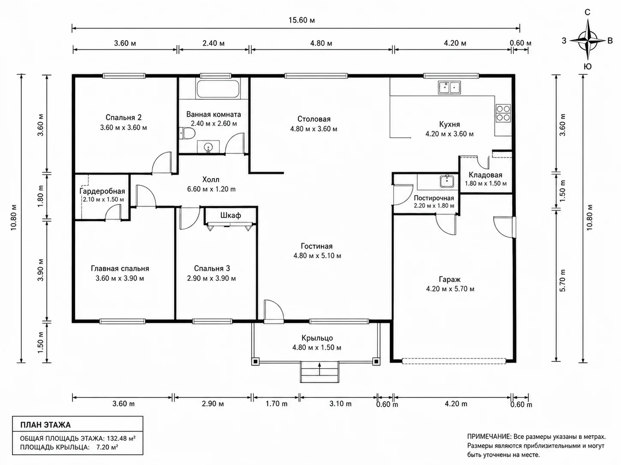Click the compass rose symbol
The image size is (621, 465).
coord(588,40)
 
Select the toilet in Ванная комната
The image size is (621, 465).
coord(187,133)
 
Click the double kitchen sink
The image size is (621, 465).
coord(449,87)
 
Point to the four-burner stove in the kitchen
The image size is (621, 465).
coord(503,113)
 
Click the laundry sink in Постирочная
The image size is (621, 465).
coord(447,181)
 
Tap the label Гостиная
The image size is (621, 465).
coord(317,246)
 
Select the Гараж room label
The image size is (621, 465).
coord(450,279)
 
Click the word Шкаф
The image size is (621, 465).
coord(231,215)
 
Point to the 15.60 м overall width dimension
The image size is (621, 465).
coord(301,20)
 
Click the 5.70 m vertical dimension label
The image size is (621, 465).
coord(563,280)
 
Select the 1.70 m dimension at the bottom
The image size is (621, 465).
coord(277,404)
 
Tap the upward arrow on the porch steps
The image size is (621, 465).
coord(320,368)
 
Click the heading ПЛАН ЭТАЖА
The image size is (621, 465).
coord(45,425)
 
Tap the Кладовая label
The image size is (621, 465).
coord(485,175)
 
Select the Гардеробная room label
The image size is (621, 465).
coord(102,191)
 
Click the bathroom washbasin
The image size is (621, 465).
coord(208,147)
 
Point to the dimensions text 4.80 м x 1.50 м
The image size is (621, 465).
coord(317,347)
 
